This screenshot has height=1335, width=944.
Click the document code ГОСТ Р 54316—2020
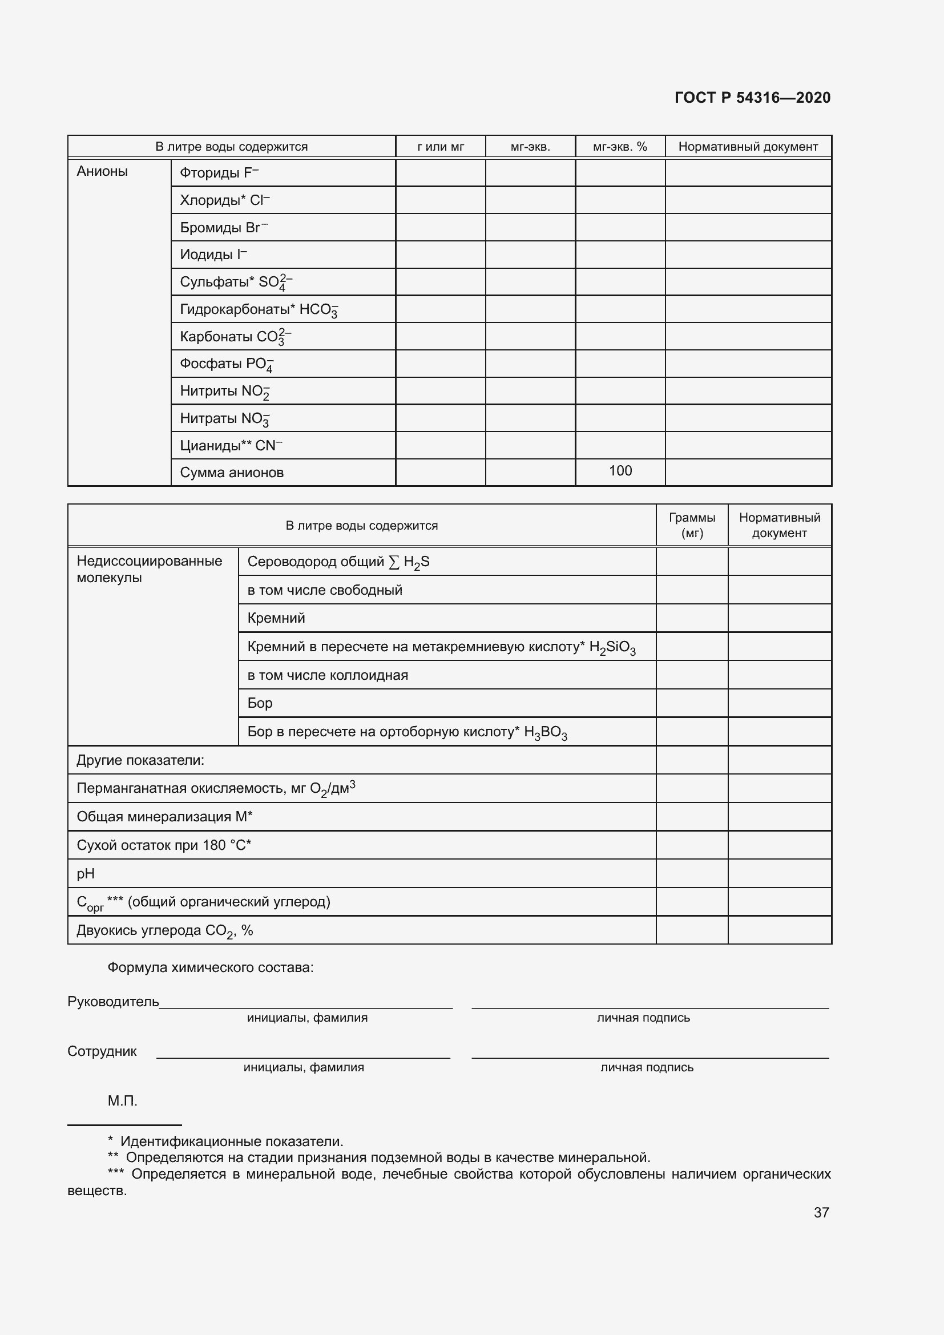752,98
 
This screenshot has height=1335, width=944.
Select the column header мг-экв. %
620,147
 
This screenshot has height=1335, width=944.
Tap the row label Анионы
102,171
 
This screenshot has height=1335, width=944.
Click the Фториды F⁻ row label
219,173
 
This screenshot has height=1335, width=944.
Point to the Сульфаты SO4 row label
235,282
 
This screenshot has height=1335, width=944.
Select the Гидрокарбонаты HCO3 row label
259,309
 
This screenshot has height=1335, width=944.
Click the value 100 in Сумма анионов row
620,470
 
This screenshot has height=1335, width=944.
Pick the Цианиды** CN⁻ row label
231,445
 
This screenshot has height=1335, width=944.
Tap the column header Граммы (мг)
692,525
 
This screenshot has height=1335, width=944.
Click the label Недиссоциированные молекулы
150,569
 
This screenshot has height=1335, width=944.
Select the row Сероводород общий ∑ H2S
338,562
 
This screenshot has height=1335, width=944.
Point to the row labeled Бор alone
260,703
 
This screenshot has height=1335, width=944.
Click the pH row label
86,873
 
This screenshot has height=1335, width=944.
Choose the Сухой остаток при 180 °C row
164,845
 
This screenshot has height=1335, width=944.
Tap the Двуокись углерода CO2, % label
164,930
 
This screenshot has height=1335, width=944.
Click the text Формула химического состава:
211,967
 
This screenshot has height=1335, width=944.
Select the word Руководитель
114,1001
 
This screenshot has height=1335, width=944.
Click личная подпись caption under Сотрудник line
647,1067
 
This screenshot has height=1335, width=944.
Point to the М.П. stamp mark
122,1100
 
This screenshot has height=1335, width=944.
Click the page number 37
821,1212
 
